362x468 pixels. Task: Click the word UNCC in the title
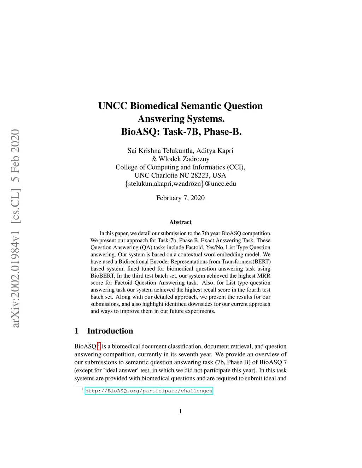(x=113, y=106)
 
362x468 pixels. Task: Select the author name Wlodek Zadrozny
(x=184, y=159)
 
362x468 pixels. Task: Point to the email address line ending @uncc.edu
(x=180, y=184)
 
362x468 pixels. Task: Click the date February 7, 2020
(x=180, y=198)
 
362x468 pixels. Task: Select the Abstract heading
(x=180, y=222)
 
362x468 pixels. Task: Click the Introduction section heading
(x=110, y=331)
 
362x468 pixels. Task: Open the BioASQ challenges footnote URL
(x=149, y=391)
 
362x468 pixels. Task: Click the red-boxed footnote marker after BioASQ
(x=99, y=346)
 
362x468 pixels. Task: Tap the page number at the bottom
(x=180, y=411)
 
